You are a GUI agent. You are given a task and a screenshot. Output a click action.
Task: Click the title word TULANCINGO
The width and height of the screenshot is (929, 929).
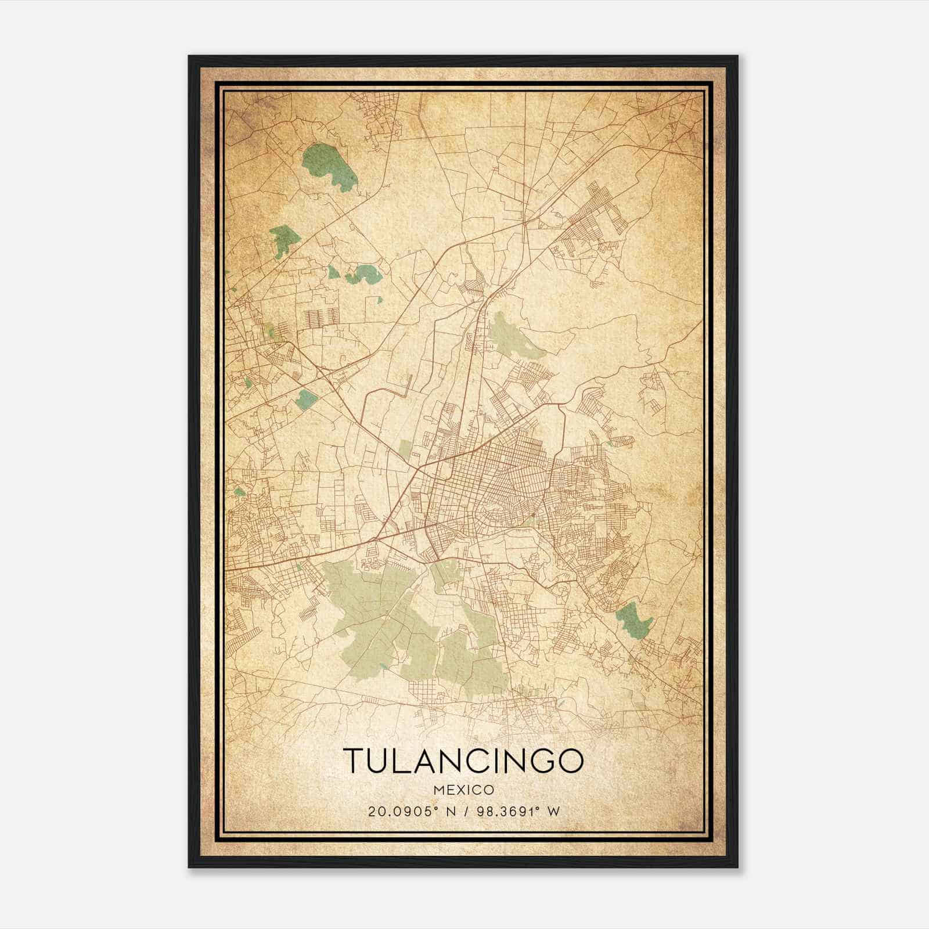(463, 761)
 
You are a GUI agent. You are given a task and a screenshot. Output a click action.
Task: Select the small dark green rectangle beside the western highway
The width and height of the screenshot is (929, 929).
(306, 399)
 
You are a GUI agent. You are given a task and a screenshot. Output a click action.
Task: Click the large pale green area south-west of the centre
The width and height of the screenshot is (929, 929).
(372, 604)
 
